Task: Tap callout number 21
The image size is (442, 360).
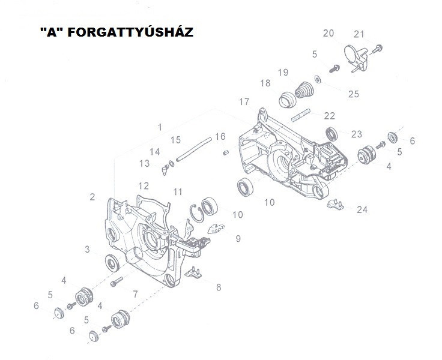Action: coord(359,33)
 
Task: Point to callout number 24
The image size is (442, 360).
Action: coord(362,209)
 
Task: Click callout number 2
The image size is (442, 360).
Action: coord(92,196)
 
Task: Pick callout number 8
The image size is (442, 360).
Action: coord(219,287)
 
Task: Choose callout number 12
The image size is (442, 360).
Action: coord(144,185)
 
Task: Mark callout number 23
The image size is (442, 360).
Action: coord(357,134)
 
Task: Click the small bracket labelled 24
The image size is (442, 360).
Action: coord(335,205)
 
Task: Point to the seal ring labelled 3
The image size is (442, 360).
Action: coord(111,262)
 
